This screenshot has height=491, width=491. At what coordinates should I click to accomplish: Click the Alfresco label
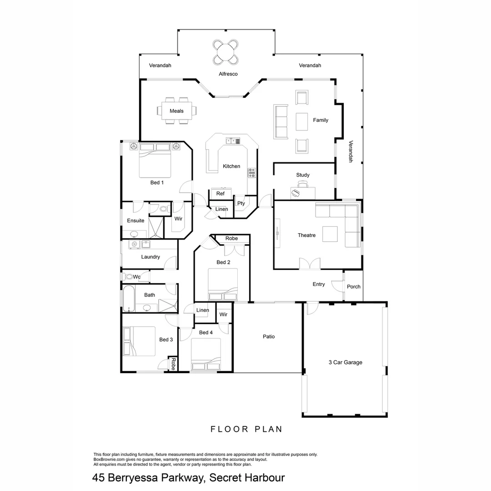tap(228, 74)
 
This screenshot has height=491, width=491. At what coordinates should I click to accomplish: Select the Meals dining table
tap(177, 111)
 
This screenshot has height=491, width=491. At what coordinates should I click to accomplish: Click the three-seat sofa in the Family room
tap(281, 122)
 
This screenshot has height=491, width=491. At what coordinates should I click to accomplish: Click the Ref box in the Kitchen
tap(220, 194)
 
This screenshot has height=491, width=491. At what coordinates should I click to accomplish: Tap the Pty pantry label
tap(241, 203)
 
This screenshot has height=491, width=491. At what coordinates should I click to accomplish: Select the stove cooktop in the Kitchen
tap(251, 173)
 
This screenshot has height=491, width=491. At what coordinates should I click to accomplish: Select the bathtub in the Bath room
tap(128, 299)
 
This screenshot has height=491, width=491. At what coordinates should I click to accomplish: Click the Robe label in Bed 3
tap(173, 364)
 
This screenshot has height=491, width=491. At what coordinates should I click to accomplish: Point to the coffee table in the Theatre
tap(330, 234)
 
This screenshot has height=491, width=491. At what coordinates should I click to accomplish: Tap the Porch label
tap(354, 287)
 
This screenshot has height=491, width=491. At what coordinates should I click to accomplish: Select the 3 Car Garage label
tap(345, 362)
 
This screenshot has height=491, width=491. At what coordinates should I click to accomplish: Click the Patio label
tap(269, 337)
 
